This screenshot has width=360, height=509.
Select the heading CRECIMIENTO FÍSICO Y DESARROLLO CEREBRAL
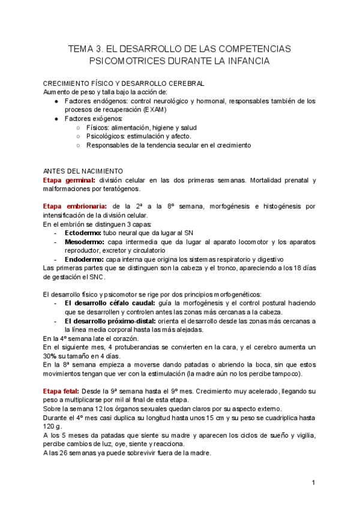pos(124,83)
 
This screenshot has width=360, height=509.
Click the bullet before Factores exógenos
pos(56,119)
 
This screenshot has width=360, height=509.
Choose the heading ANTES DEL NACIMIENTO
pos(83,171)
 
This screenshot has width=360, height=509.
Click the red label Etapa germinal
pos(69,180)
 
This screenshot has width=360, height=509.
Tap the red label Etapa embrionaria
pos(76,206)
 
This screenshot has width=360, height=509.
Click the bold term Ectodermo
pos(84,233)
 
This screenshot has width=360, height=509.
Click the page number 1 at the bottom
pos(314,483)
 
